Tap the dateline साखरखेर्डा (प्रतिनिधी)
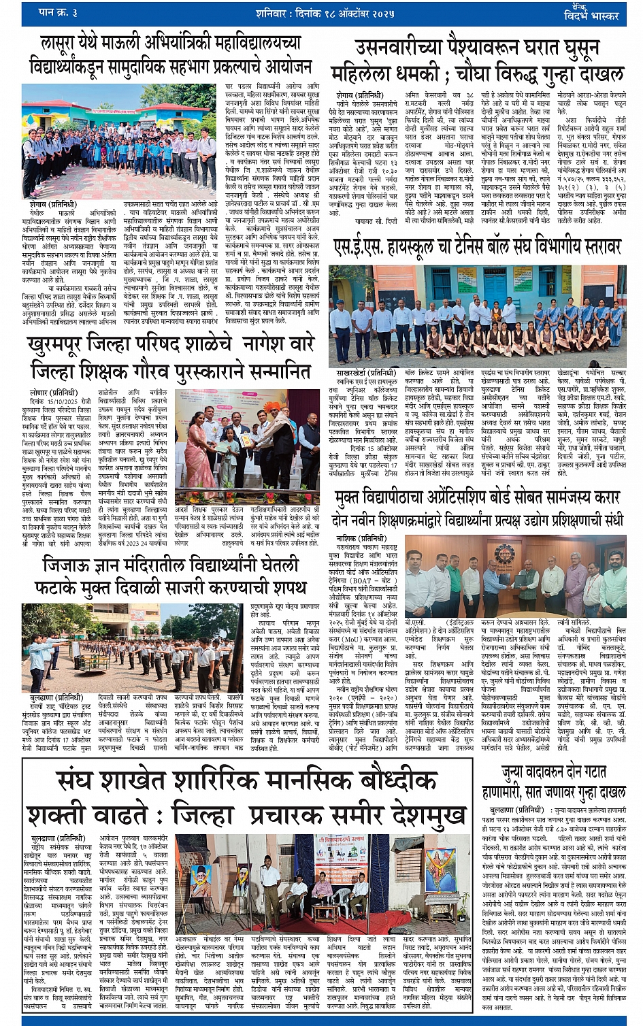coord(365,374)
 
